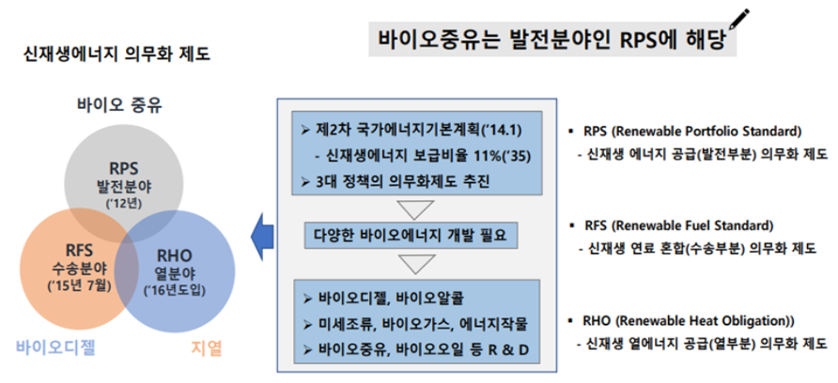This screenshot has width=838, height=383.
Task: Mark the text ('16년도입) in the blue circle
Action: (x=178, y=289)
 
